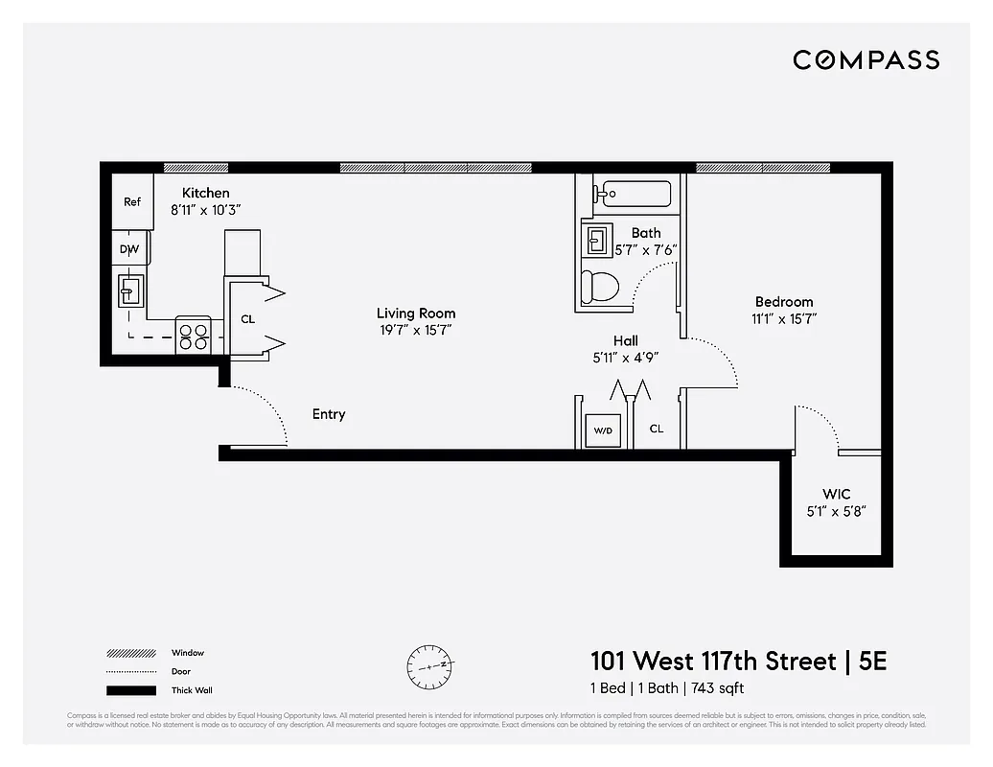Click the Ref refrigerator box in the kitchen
pos(132,201)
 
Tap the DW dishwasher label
pos(129,249)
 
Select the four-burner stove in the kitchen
pos(193,335)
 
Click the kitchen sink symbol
pos(130,289)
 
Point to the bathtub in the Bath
pos(633,195)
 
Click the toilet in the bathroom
pos(602,286)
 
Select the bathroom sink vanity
pos(597,238)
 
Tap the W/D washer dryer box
pos(603,430)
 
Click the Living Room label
pos(415,314)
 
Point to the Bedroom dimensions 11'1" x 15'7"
pos(783,319)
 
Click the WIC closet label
pos(837,494)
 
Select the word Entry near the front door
pos(329,414)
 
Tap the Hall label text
pos(625,340)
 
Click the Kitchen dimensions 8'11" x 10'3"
pos(205,209)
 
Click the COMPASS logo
pos(866,60)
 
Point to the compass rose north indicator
pos(428,662)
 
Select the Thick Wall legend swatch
pos(130,690)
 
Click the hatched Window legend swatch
pos(130,654)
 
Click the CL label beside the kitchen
pos(247,319)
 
